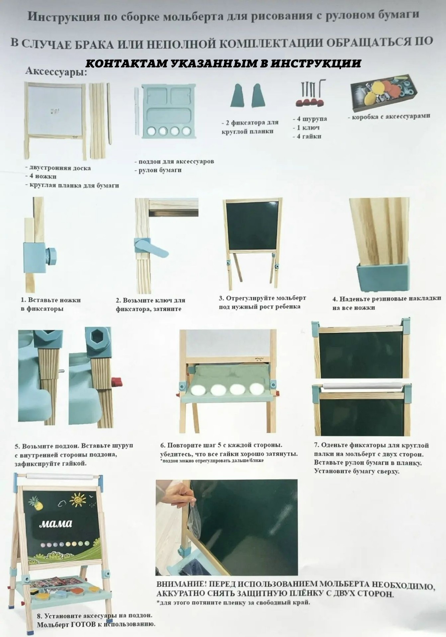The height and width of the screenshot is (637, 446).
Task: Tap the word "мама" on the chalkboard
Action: click(55, 524)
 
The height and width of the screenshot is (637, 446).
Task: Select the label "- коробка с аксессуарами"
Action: click(389, 116)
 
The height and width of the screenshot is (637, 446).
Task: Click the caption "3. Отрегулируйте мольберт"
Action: click(262, 298)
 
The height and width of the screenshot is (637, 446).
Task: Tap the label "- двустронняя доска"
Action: click(58, 168)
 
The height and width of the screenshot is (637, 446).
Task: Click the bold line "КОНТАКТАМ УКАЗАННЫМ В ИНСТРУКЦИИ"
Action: click(223, 63)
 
